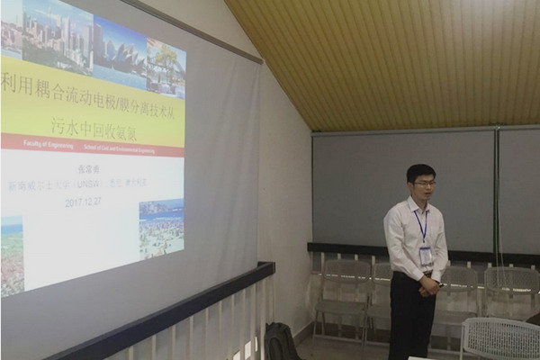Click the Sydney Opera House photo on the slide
point(119,54)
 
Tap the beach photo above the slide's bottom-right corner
point(161,228)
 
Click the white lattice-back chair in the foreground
point(500,340)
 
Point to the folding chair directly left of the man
point(342,288)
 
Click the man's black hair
point(420,170)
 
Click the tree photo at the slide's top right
point(166,68)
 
